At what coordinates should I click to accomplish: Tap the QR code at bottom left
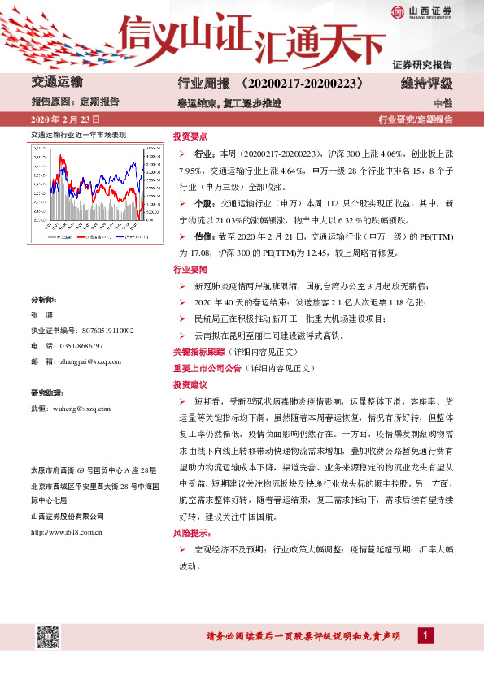point(47,636)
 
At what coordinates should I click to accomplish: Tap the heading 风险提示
point(190,535)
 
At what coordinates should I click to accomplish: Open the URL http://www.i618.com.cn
point(66,533)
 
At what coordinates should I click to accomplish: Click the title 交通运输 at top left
point(55,84)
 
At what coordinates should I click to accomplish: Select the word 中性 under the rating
point(443,102)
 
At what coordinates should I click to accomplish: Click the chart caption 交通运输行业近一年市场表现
point(78,134)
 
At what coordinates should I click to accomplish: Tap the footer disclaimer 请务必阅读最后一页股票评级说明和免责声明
point(303,636)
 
